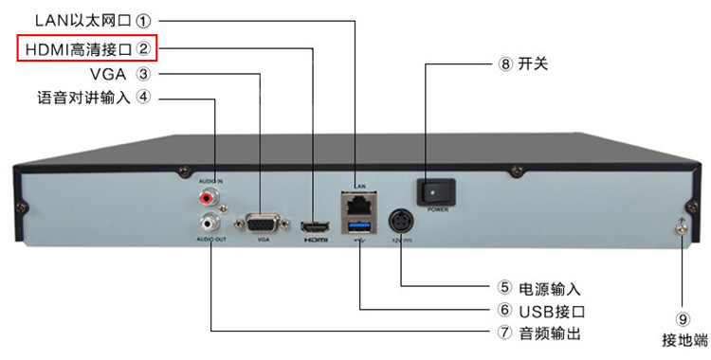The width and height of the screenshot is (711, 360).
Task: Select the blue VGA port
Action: (x=263, y=225)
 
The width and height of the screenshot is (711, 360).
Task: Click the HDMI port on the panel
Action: (x=314, y=227)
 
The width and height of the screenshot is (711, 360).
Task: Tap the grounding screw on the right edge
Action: (x=681, y=225)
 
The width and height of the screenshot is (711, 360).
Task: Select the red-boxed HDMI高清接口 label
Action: (x=86, y=45)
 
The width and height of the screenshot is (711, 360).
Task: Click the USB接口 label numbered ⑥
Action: (x=538, y=311)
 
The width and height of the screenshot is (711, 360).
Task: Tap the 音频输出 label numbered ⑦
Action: (x=538, y=333)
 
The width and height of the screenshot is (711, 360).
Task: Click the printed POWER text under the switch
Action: (x=437, y=209)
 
